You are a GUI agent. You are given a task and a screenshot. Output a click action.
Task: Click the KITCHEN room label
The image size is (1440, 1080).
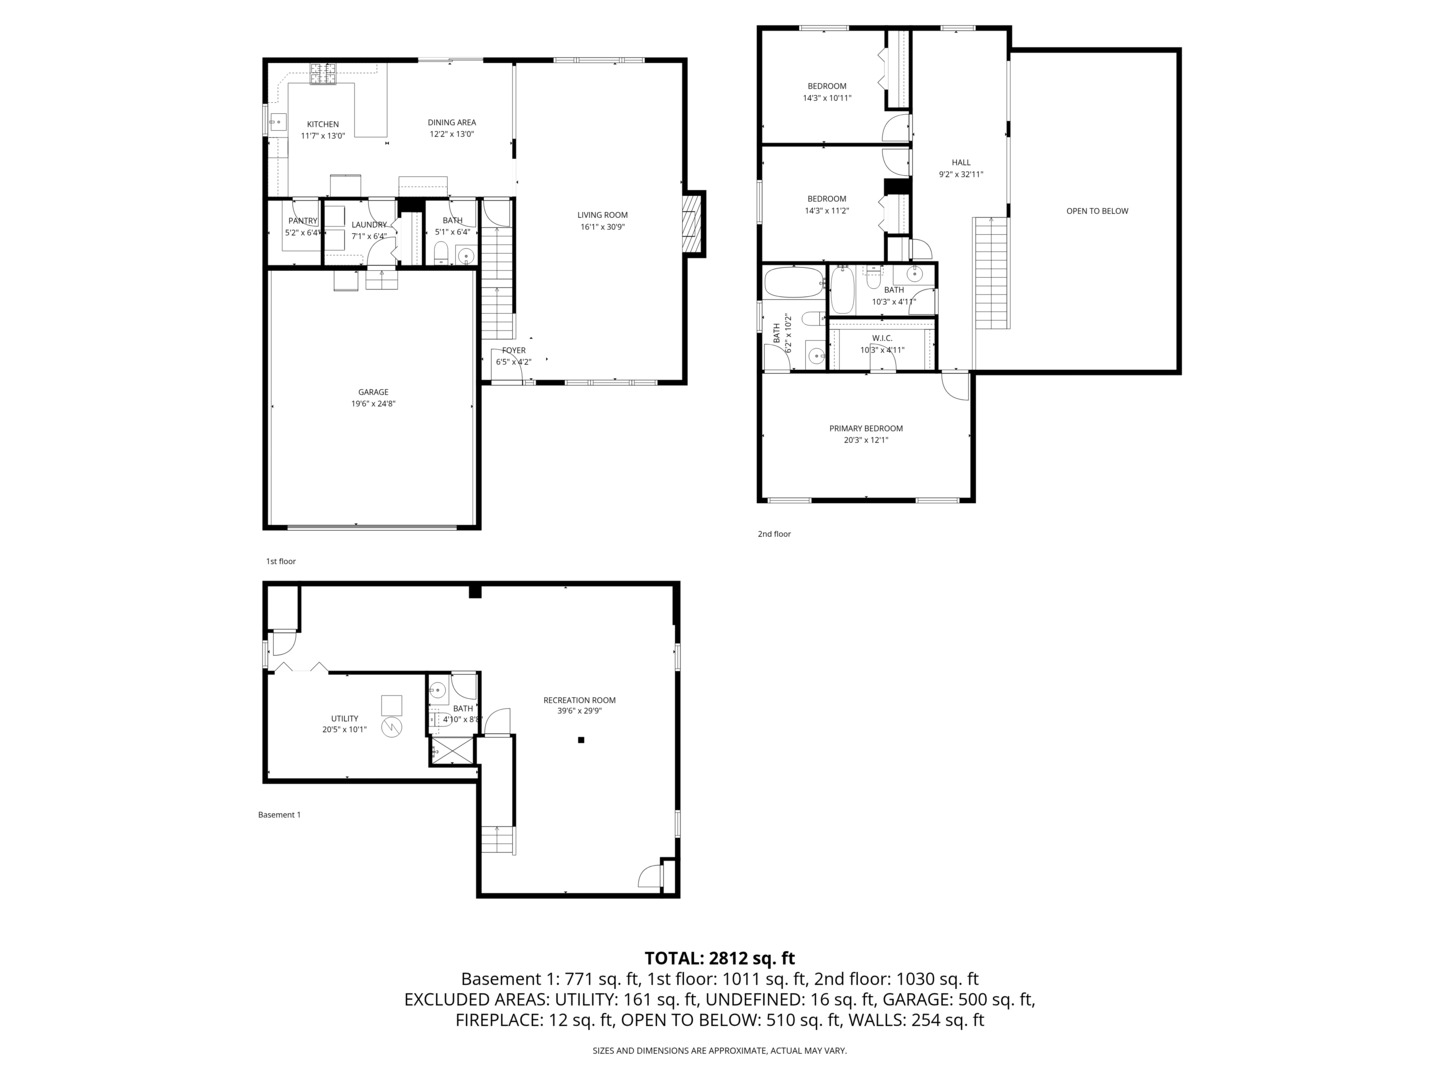click(x=322, y=124)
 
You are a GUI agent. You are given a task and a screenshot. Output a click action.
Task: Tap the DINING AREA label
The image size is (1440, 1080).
click(x=452, y=122)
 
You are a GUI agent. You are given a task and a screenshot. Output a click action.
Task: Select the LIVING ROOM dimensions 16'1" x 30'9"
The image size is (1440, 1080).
click(x=602, y=227)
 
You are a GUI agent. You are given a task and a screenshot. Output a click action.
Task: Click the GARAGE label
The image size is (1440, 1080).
click(x=373, y=392)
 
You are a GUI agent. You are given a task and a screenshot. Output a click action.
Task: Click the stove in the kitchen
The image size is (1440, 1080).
click(x=322, y=72)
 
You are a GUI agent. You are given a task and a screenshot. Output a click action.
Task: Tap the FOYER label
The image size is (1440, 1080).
click(x=514, y=350)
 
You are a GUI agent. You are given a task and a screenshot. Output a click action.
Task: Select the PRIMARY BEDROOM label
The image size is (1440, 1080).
click(x=866, y=428)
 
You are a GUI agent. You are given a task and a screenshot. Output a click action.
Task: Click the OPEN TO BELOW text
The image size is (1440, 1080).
click(x=1097, y=211)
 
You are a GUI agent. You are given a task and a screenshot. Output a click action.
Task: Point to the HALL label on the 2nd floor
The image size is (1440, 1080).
click(x=961, y=162)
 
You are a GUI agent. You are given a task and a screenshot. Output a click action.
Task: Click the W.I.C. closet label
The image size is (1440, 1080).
click(x=882, y=338)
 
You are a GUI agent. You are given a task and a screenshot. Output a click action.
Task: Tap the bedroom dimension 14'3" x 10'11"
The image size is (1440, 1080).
click(x=827, y=98)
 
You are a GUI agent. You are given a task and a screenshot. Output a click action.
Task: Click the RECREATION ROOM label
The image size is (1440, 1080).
click(x=579, y=700)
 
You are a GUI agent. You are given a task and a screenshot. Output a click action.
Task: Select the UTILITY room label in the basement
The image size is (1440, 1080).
click(x=344, y=718)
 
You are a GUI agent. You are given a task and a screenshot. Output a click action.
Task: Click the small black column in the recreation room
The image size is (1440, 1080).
click(x=580, y=740)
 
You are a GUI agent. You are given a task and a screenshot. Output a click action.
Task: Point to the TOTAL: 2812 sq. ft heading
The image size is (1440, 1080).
click(x=719, y=958)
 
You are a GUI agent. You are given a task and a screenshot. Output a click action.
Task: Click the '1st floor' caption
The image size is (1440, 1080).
click(x=281, y=561)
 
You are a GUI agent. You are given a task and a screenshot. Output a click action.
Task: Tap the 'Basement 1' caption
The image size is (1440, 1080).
click(x=279, y=815)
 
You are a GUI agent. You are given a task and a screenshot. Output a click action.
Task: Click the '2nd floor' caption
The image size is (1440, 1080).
click(x=774, y=534)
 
